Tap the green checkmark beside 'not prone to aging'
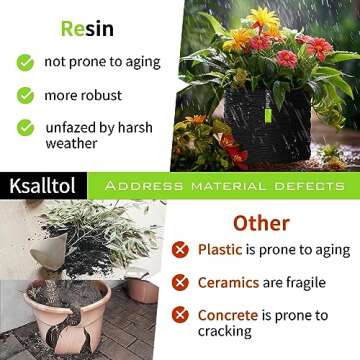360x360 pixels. coord(25,62)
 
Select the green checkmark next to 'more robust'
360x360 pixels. coord(25,95)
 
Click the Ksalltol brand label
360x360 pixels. coord(43,187)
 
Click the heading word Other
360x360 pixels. coord(261,222)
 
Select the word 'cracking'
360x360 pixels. coord(225,332)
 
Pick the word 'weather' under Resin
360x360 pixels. coord(73,143)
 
